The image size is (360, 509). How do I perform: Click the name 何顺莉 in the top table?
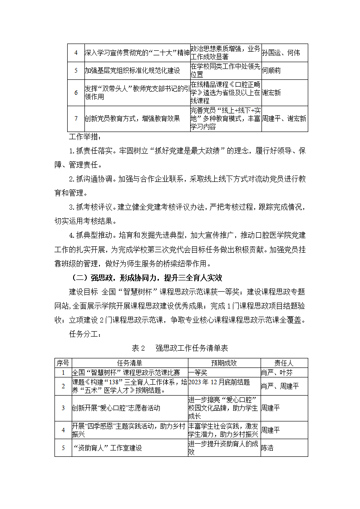271,71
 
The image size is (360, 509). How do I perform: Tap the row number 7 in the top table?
76,119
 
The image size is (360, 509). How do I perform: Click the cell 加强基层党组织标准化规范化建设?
133,71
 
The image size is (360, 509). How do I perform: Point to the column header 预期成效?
224,363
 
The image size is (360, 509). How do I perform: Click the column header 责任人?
284,363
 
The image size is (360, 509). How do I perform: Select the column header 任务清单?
129,363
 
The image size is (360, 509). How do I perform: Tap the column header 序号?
63,363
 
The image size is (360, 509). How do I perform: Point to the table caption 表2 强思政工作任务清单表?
180,348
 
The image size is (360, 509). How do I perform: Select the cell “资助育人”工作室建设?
108,448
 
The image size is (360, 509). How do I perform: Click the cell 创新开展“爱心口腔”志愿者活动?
116,408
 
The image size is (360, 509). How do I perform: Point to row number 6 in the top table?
76,93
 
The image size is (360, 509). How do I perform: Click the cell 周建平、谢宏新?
284,119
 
